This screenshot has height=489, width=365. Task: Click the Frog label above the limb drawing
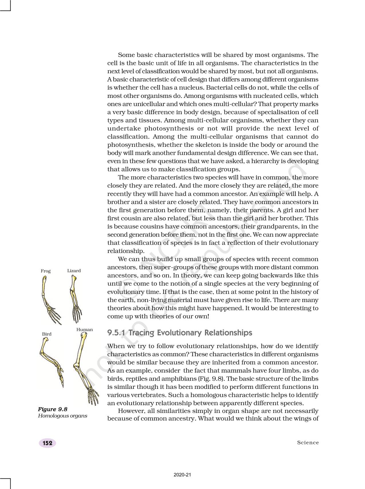(46, 271)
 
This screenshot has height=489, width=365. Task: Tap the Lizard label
(74, 271)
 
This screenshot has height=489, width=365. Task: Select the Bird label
(47, 334)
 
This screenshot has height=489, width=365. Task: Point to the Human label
(84, 330)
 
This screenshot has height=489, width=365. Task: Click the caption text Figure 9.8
(52, 409)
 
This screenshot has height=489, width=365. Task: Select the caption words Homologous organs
(62, 416)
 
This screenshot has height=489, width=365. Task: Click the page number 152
(47, 443)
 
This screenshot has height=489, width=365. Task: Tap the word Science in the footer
(308, 443)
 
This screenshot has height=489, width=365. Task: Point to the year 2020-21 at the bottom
(182, 475)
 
